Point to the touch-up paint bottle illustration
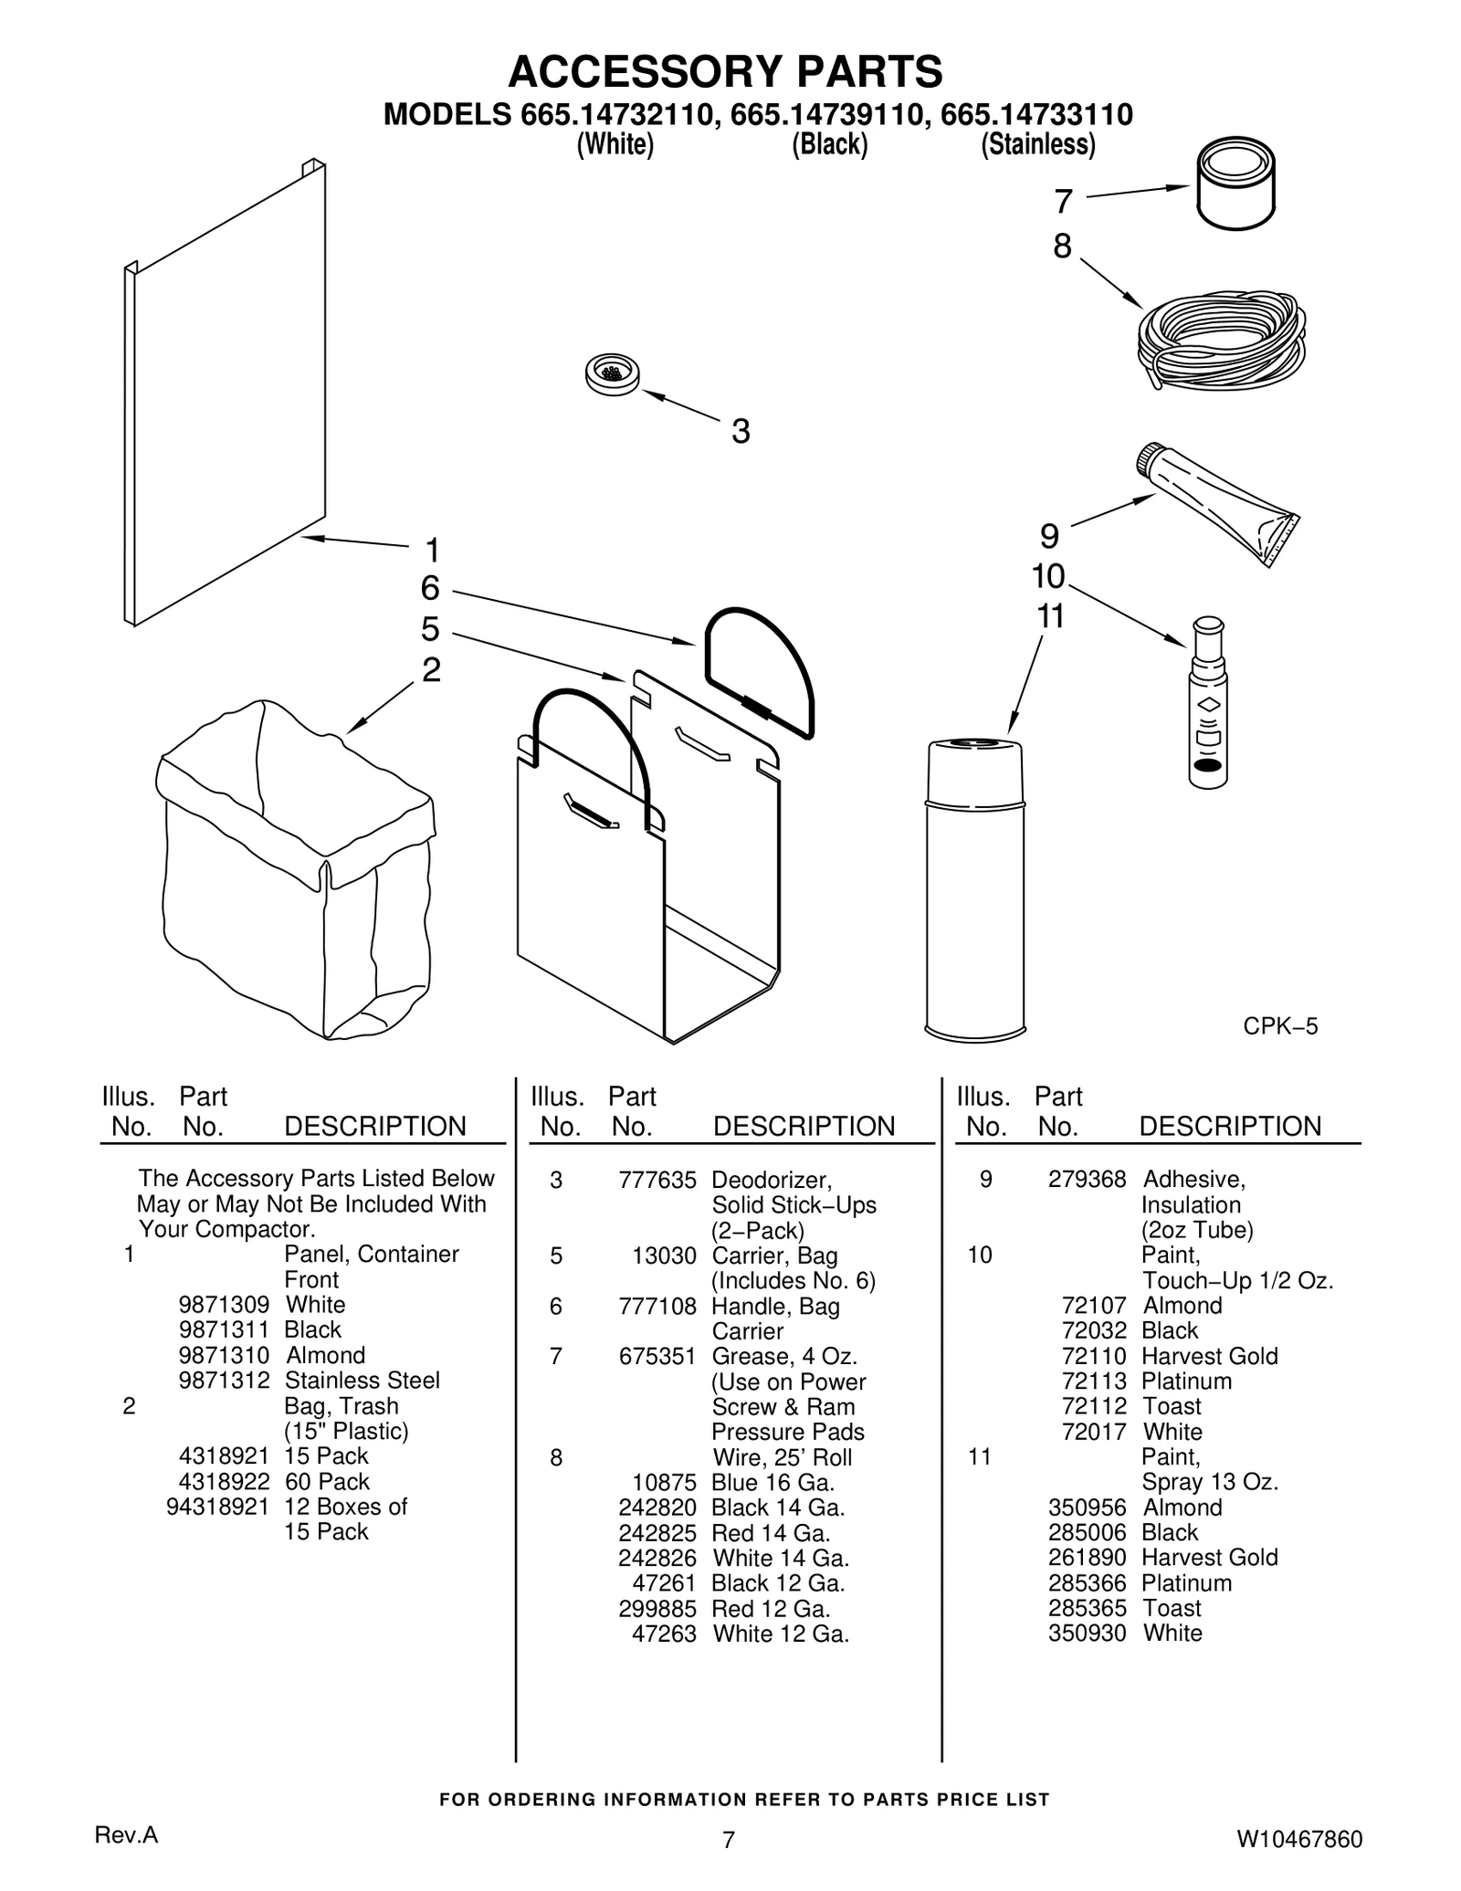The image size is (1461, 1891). [1208, 703]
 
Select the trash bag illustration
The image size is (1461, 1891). [295, 872]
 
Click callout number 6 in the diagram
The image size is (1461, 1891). [430, 589]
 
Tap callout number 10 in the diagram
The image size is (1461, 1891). [1048, 577]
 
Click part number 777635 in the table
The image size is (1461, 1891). [657, 1180]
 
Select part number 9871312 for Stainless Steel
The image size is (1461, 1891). [224, 1381]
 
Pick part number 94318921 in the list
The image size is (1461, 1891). [217, 1507]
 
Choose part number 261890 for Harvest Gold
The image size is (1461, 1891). [1087, 1558]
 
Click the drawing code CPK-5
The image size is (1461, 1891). [1280, 1026]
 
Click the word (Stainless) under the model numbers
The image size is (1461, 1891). [1037, 144]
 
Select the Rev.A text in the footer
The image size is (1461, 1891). [127, 1836]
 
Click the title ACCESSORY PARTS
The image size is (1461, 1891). [725, 70]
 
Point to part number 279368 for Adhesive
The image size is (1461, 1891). [1087, 1180]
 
